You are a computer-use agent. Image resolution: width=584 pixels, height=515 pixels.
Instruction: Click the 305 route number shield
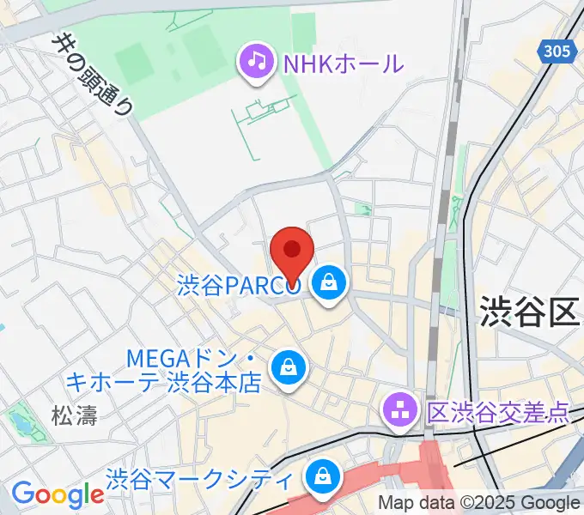click(x=557, y=52)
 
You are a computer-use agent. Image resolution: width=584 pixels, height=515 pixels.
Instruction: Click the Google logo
click(x=57, y=494)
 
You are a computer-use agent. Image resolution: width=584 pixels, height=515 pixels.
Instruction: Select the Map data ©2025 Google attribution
click(x=479, y=504)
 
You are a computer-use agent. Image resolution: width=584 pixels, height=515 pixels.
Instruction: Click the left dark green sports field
click(x=133, y=63)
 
